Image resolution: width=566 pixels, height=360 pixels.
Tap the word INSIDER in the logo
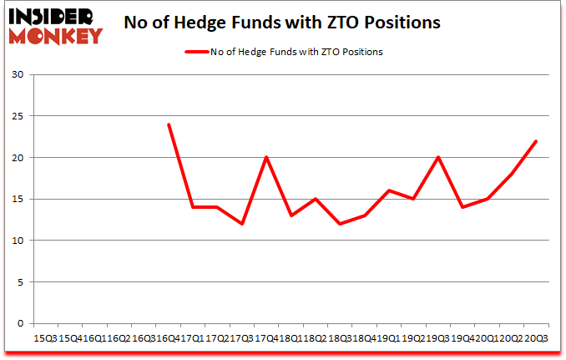tap(53, 17)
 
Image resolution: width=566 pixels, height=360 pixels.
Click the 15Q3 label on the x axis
tap(44, 339)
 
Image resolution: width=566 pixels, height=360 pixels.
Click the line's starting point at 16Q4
tap(169, 124)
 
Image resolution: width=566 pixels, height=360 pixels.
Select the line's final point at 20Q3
tap(536, 141)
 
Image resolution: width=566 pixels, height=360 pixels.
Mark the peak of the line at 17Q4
tap(266, 158)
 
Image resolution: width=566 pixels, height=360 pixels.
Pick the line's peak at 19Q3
tap(437, 158)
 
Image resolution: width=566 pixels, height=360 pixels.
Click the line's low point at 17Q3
tap(242, 224)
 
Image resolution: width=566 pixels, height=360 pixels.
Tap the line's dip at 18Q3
tap(340, 224)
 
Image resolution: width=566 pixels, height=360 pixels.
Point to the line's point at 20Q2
tap(511, 174)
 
